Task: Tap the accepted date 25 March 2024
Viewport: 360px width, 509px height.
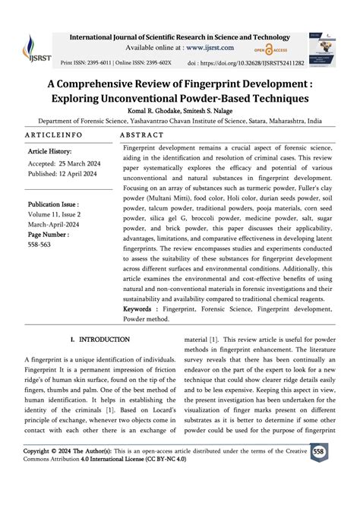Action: pyautogui.click(x=80, y=163)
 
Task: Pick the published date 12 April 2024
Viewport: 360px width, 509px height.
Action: pyautogui.click(x=84, y=174)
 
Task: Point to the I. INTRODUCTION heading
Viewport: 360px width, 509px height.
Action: pyautogui.click(x=99, y=339)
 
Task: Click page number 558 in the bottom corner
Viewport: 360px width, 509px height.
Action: pyautogui.click(x=339, y=473)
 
